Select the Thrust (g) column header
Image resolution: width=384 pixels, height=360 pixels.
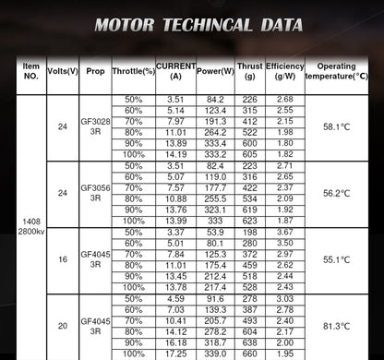(248, 72)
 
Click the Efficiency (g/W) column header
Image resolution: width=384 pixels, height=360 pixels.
(285, 72)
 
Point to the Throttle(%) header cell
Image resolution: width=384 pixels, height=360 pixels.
(134, 72)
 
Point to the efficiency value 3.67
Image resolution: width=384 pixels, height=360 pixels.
(285, 232)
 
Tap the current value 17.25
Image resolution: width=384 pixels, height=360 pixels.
(175, 354)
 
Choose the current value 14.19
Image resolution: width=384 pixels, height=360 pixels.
(175, 154)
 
